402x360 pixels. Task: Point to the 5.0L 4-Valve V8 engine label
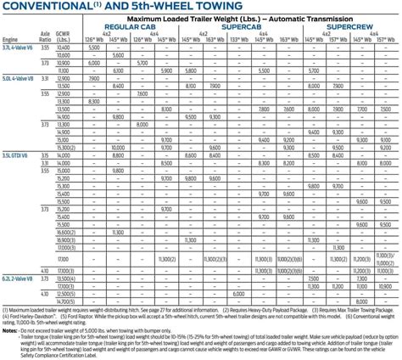click(17, 77)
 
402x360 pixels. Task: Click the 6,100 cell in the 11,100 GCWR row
click(116, 70)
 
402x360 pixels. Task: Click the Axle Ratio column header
click(43, 37)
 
